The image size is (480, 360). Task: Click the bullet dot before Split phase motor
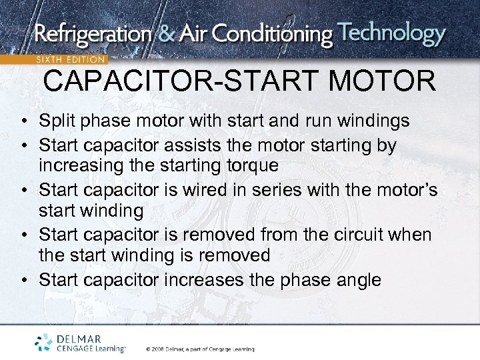[x=23, y=122]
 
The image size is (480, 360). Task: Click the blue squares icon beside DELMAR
[x=45, y=341]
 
